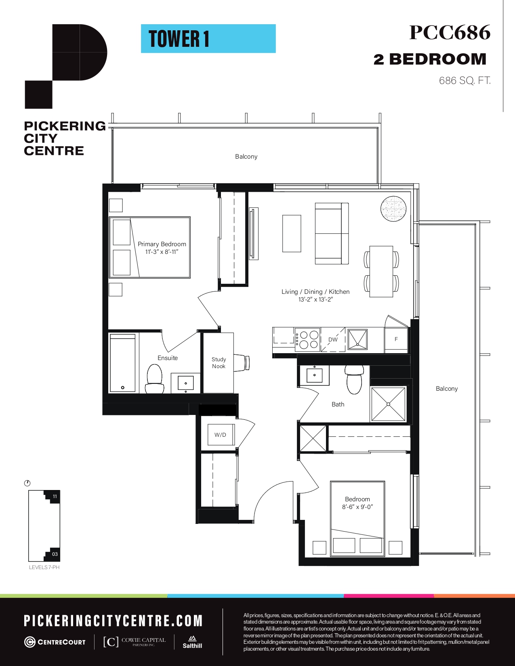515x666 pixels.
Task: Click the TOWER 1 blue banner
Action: (208, 39)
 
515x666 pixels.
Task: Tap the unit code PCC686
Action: (450, 32)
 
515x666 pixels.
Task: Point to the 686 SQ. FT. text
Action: (465, 81)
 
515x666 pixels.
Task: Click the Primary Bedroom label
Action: (162, 244)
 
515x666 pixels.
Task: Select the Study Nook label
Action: (219, 362)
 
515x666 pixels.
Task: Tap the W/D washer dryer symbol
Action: (221, 435)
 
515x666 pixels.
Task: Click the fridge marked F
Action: (396, 339)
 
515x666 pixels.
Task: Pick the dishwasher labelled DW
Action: (333, 339)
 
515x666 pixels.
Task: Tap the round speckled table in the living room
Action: (393, 209)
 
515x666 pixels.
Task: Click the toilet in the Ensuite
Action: (154, 379)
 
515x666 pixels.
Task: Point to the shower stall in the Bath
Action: (388, 404)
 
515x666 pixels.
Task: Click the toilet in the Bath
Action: (354, 380)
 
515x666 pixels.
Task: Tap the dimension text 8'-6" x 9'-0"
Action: (357, 507)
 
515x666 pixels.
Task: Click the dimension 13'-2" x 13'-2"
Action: (315, 299)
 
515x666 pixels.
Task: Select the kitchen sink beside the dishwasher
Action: (357, 339)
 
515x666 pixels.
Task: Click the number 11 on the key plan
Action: (55, 496)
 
